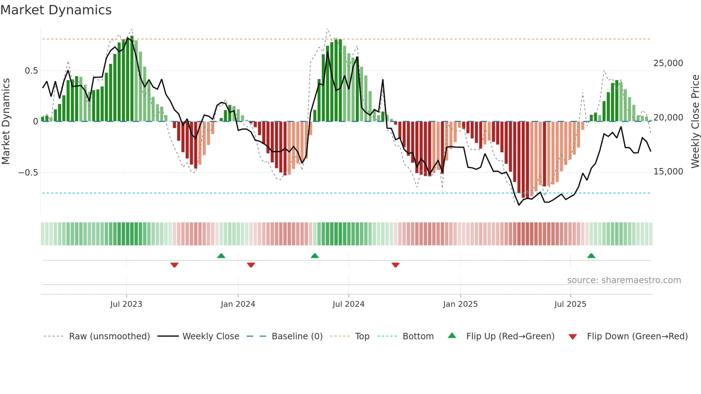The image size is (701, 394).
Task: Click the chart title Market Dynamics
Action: coord(56,10)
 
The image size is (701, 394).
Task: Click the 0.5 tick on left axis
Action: coord(31,71)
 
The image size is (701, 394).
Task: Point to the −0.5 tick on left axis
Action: coord(28,173)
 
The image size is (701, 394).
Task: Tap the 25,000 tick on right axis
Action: coord(668,63)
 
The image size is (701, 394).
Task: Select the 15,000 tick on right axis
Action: coord(668,172)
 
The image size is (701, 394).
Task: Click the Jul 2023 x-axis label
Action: coord(126,304)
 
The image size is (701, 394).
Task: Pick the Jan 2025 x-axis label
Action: coord(460,304)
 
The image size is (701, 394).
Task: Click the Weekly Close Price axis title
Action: coord(695,122)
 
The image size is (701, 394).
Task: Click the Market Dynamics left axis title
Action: coord(6,122)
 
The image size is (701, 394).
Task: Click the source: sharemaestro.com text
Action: coord(624,280)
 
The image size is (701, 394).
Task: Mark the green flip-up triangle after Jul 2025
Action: coord(591,256)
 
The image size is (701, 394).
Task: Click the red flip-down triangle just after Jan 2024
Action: coord(251,265)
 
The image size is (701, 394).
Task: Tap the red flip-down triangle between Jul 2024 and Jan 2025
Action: coord(396,265)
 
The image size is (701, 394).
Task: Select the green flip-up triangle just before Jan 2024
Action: coord(221,256)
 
